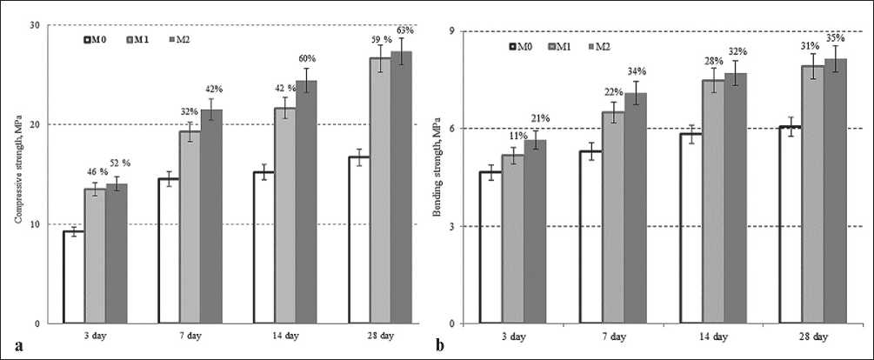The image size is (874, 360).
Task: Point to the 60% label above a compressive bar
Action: tap(306, 59)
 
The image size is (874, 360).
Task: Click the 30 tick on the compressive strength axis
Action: tap(36, 25)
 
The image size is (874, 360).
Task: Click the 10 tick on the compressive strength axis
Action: tap(36, 224)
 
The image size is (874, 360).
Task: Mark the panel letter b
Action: tap(440, 345)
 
